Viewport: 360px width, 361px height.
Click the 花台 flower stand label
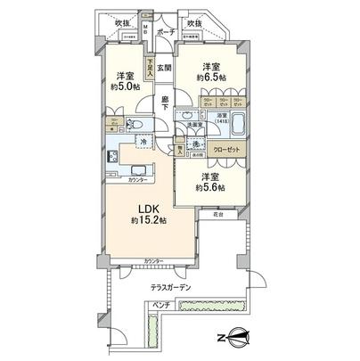pyautogui.click(x=217, y=216)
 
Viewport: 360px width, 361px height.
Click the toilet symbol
pyautogui.click(x=136, y=125)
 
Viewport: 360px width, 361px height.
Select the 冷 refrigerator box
pyautogui.click(x=143, y=143)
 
